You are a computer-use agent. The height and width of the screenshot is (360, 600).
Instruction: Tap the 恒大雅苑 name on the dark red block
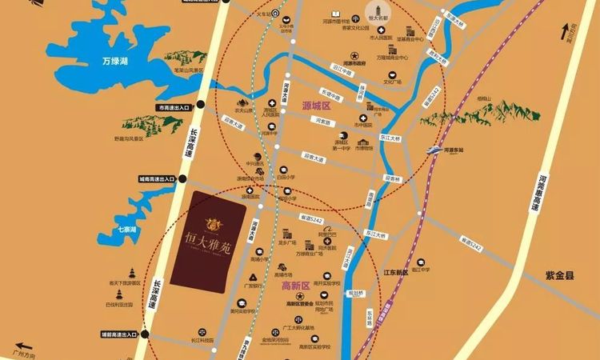coord(208,238)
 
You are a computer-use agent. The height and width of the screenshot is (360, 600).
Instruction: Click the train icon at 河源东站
coord(434,148)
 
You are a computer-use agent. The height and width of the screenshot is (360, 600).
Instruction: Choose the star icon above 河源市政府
coord(349,54)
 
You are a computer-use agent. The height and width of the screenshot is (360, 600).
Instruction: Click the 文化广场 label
coord(393,81)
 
